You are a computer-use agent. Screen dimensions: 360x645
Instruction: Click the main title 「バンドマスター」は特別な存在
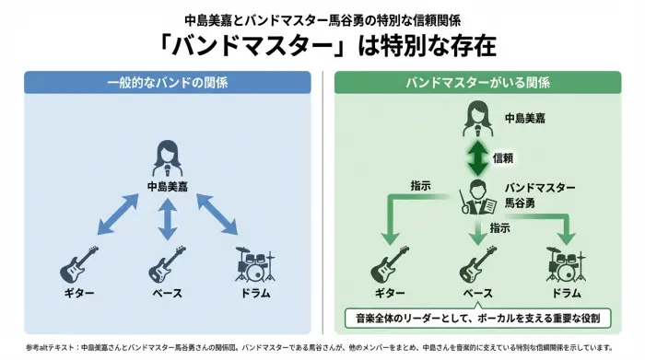point(322,45)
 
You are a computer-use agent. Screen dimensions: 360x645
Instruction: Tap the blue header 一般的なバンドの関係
point(167,83)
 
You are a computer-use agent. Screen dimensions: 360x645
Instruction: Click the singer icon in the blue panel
point(167,158)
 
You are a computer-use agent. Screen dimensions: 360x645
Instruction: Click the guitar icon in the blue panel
point(79,264)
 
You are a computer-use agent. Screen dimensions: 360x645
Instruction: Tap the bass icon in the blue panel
point(167,264)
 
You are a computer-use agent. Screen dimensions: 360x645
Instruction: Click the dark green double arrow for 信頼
point(478,157)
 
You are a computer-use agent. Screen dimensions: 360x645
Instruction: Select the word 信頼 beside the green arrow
point(504,157)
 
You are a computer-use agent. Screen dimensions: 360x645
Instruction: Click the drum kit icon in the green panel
point(566,264)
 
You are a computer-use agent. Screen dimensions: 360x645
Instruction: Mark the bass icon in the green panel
point(478,264)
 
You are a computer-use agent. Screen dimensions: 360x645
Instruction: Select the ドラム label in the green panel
point(566,293)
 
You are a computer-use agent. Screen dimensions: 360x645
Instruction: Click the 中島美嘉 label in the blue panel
point(167,186)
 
